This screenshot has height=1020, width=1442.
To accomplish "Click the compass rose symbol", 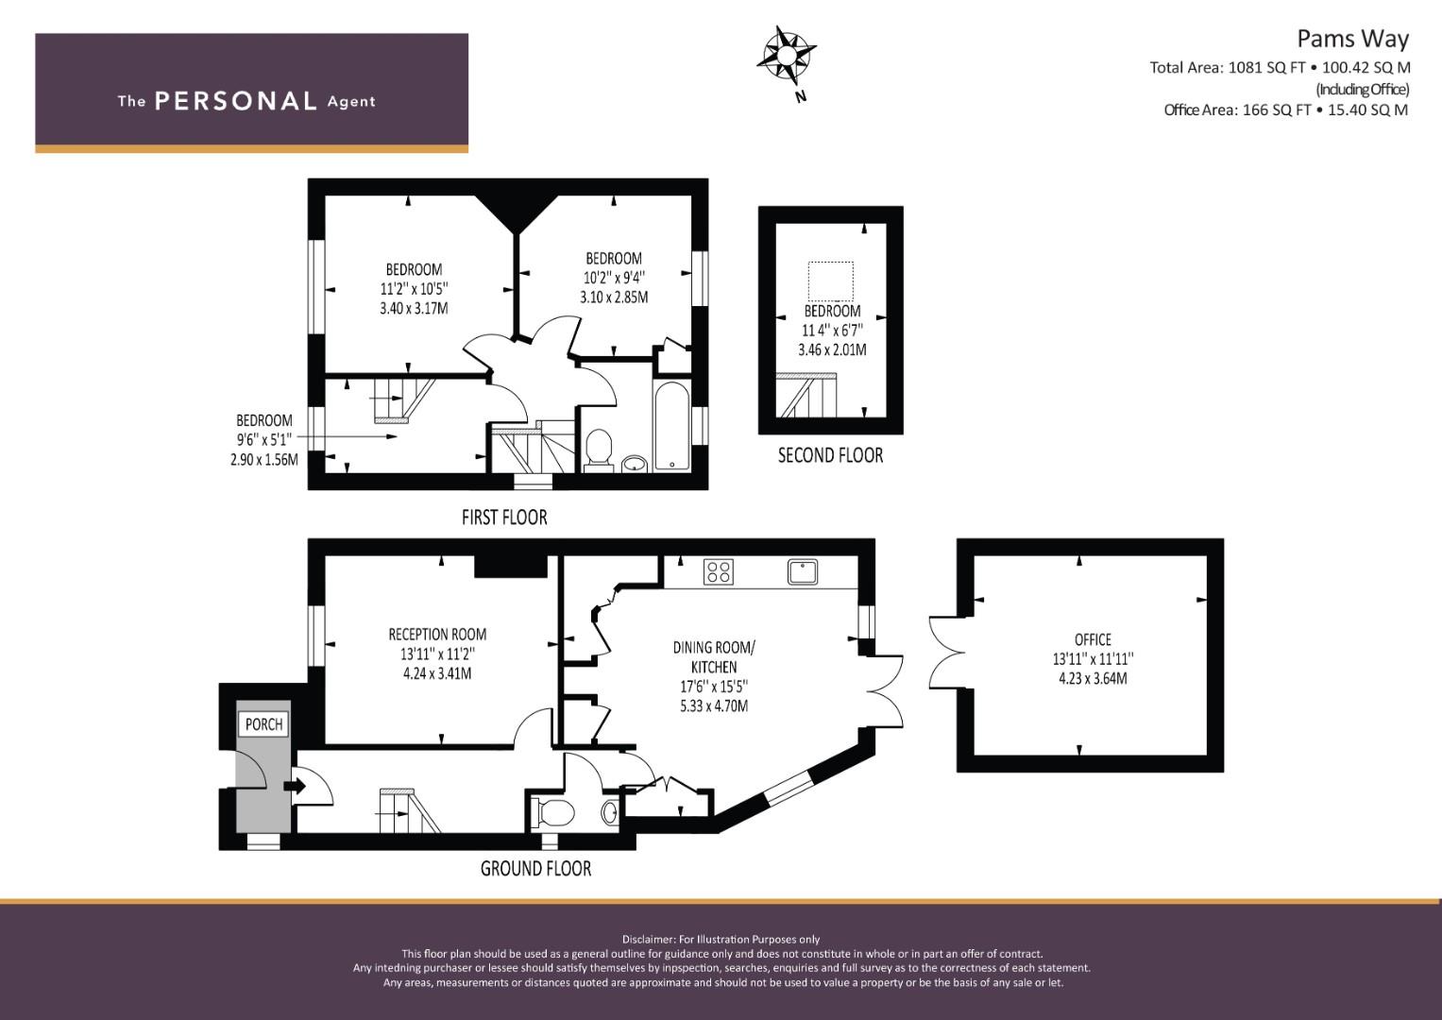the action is (x=786, y=56).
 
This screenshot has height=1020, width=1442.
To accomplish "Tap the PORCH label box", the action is (x=263, y=723).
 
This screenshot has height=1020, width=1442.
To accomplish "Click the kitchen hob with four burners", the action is (x=719, y=571).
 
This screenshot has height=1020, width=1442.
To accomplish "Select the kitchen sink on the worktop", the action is (x=802, y=571).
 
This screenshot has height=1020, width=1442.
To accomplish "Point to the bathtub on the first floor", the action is (x=671, y=426).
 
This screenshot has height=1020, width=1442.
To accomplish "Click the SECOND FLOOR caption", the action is (x=830, y=455).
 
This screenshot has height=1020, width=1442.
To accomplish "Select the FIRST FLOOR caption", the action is (x=504, y=518).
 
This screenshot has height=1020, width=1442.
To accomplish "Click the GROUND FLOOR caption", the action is (x=535, y=869).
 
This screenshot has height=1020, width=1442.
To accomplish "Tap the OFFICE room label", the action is (x=1093, y=639).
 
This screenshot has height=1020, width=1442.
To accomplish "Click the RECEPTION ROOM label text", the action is (x=437, y=635).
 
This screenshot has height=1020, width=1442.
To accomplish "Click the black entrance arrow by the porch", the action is (x=295, y=786).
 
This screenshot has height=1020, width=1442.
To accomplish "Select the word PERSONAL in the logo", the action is (x=236, y=101).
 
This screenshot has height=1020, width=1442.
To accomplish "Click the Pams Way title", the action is (x=1352, y=40).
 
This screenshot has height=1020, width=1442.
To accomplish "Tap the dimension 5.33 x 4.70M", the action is (x=714, y=705).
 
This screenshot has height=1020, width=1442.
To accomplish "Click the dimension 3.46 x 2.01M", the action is (x=832, y=349).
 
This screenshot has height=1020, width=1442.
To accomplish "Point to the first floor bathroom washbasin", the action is (x=636, y=463).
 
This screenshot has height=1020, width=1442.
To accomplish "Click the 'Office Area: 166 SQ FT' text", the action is (x=1237, y=110).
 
